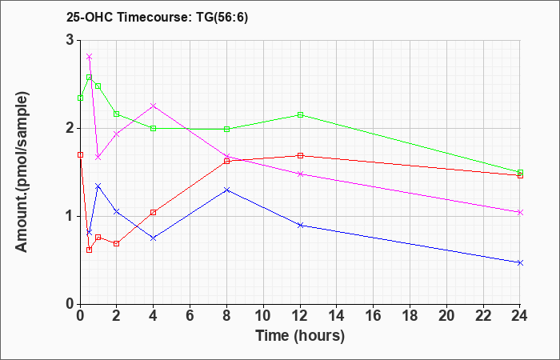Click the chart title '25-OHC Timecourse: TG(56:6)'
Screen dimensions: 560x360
[157, 18]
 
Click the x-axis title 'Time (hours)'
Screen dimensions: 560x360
[300, 336]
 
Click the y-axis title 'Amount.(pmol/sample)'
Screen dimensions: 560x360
[22, 172]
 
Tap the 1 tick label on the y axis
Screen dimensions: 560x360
[70, 217]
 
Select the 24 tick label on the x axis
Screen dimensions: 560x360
[520, 316]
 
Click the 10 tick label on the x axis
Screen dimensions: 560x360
[263, 316]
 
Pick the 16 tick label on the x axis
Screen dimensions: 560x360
[374, 316]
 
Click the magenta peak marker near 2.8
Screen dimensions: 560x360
[90, 57]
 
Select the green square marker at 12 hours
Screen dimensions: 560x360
[300, 114]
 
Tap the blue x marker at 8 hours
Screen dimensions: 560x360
[226, 190]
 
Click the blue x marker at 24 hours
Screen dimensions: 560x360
[520, 263]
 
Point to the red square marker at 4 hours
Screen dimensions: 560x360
[154, 213]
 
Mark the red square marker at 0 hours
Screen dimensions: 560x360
[80, 154]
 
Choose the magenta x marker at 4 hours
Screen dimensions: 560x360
[154, 106]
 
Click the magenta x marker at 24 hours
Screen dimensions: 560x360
[520, 213]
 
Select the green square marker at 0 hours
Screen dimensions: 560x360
[80, 98]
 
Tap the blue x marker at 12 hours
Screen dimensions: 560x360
[300, 225]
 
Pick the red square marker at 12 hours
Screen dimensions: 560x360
[300, 155]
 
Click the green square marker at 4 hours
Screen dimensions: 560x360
[154, 128]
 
